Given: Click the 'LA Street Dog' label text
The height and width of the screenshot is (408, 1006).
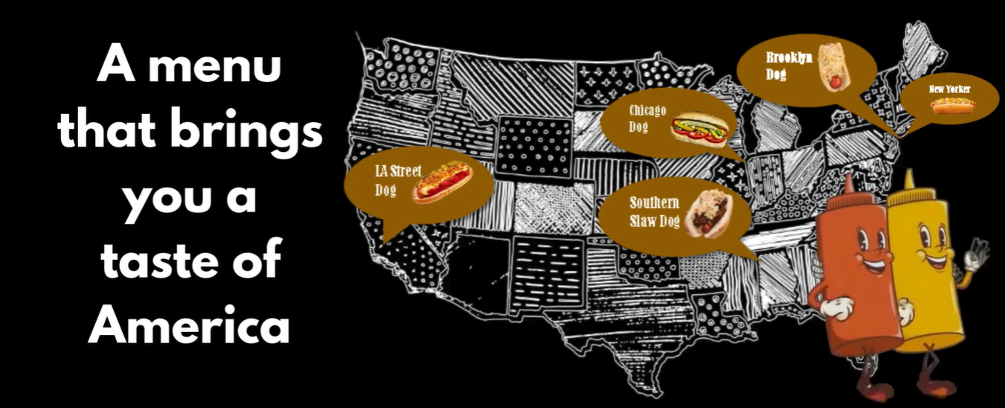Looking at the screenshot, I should tap(396, 180).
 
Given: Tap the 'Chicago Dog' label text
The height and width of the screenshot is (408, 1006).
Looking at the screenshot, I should tap(647, 118).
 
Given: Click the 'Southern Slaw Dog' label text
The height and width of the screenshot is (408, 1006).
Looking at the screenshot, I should tap(654, 211).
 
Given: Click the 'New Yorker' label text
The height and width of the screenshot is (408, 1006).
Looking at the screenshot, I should tap(949, 89).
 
